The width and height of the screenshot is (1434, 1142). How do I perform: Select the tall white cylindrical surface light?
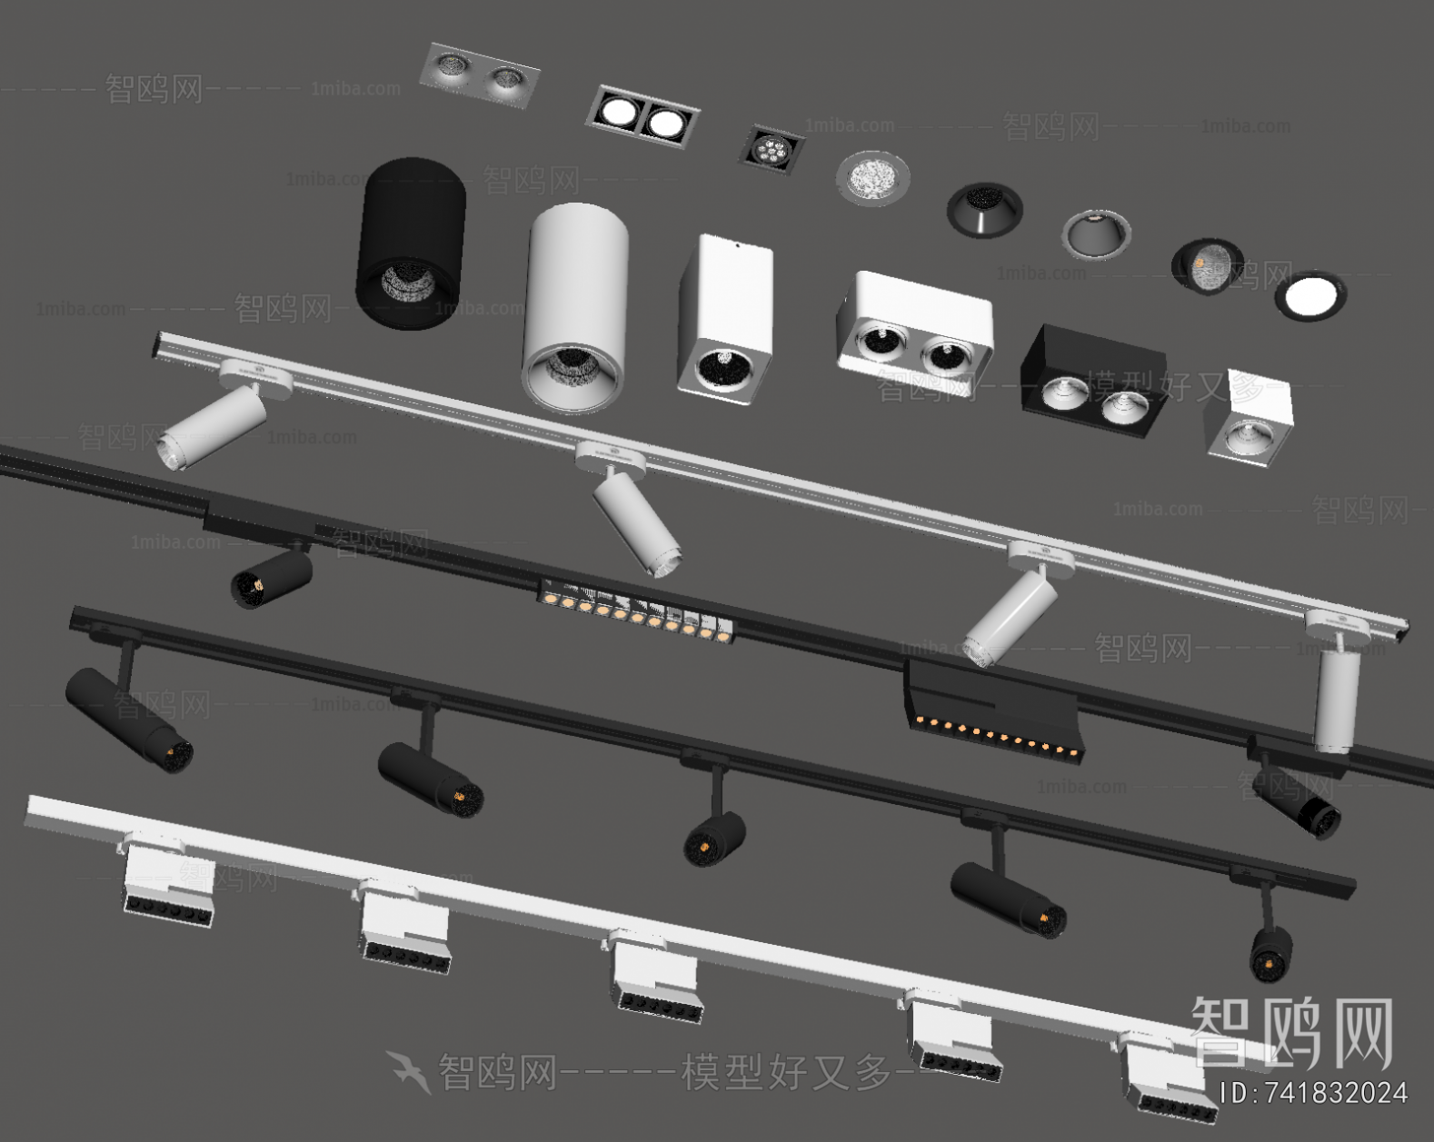click(x=574, y=307)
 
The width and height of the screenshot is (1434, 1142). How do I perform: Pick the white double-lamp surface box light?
click(x=913, y=323)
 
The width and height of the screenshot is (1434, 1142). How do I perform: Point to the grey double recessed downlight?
click(x=479, y=75)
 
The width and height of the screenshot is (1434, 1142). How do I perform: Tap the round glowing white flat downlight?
click(x=1310, y=295)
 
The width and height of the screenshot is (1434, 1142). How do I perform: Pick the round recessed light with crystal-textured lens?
click(x=872, y=179)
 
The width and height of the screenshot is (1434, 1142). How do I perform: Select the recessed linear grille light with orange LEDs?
click(x=636, y=612)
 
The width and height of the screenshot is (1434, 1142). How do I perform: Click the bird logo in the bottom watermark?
click(x=408, y=1070)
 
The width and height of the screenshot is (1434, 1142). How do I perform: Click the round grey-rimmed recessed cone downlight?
click(x=1096, y=233)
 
